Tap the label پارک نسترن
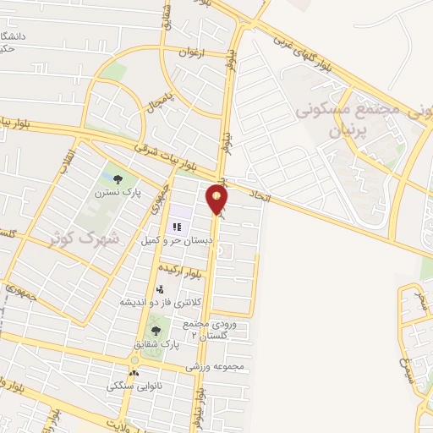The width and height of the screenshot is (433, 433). (x=118, y=194)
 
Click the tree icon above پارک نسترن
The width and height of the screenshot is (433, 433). (x=117, y=178)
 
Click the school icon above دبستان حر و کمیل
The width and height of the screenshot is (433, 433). (x=178, y=227)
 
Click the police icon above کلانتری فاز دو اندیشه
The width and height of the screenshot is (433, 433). (x=160, y=289)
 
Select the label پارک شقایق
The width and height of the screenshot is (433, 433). (x=156, y=344)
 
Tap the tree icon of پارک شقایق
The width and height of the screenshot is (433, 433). (x=155, y=331)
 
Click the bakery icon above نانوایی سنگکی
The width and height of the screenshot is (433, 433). (x=133, y=373)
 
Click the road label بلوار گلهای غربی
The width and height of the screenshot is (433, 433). (x=310, y=52)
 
